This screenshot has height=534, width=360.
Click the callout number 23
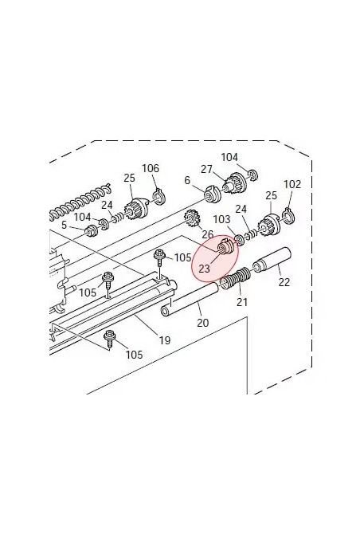[204, 269]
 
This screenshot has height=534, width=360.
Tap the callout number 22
[284, 282]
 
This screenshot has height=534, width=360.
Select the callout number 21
[242, 302]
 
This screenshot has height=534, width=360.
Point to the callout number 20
[203, 322]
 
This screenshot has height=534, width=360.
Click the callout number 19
[165, 340]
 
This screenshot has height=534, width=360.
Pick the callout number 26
[208, 234]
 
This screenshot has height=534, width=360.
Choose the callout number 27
[206, 169]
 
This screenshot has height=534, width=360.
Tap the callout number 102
[292, 184]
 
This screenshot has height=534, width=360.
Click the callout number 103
[221, 219]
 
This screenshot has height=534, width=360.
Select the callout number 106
[151, 168]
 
